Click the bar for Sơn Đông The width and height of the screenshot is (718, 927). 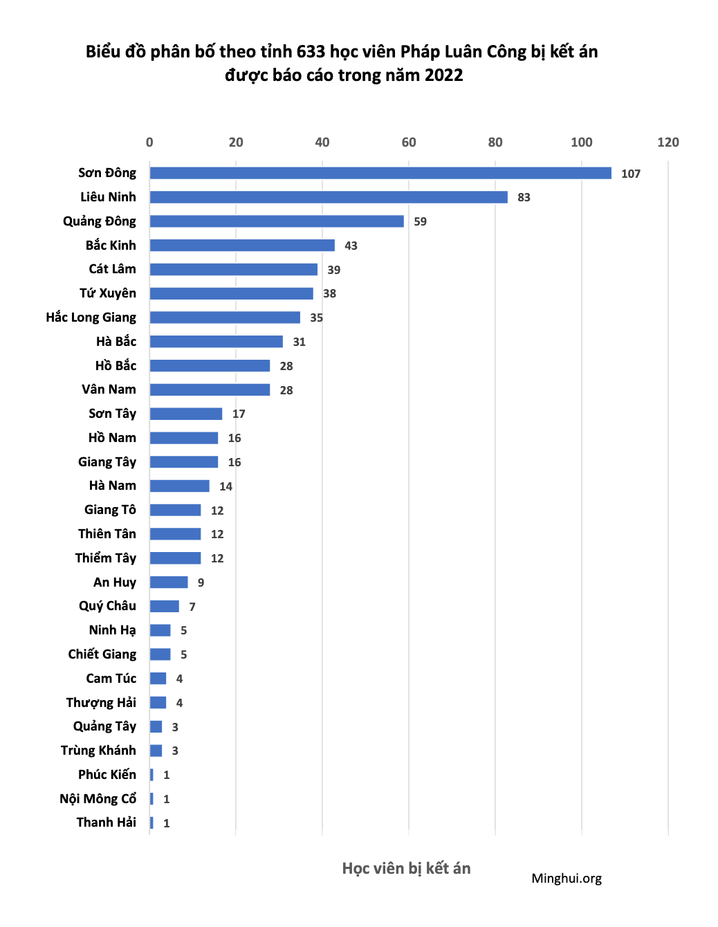380,173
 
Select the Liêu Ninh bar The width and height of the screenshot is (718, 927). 329,197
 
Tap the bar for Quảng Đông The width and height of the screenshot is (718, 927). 277,221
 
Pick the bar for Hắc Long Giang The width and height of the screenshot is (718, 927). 225,318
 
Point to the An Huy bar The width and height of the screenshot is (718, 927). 169,582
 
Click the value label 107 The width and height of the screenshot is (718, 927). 630,174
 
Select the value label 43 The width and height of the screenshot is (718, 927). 351,246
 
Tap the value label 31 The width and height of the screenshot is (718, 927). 299,342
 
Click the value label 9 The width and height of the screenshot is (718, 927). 201,582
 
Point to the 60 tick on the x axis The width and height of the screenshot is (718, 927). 409,142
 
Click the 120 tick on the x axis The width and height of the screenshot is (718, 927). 668,142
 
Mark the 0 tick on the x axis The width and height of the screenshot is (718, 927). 149,142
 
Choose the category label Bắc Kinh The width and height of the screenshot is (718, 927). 111,245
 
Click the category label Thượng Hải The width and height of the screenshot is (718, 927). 101,702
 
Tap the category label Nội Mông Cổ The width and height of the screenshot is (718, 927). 98,798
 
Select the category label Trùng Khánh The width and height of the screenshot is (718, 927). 98,750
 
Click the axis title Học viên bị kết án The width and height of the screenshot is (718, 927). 406,868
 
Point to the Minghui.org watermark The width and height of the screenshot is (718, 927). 567,878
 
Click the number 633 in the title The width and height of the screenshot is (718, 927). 311,52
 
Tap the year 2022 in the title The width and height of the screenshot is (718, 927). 443,75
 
